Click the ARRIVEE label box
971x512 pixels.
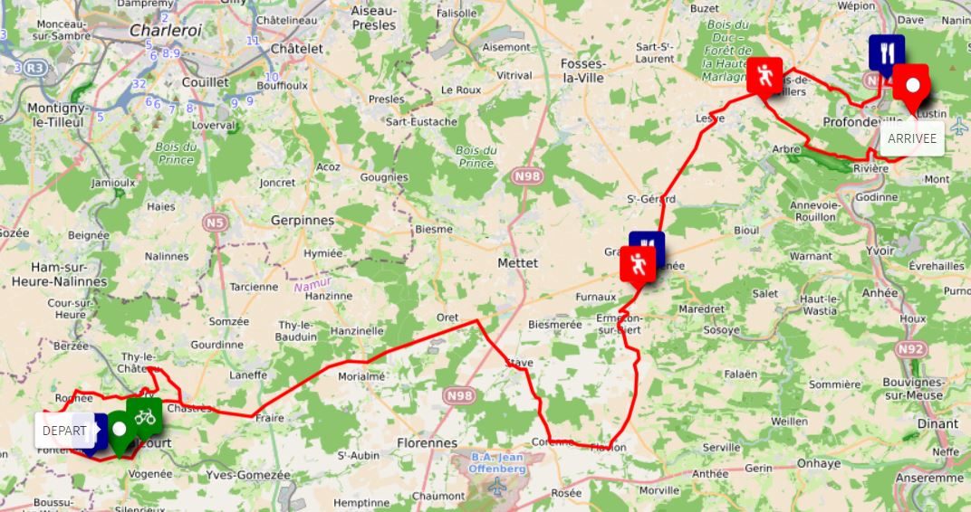[x=912, y=138]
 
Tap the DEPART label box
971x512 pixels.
[x=64, y=431]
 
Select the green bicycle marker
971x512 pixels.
[x=144, y=417]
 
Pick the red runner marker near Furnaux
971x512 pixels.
[x=638, y=265]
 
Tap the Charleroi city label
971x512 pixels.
[x=164, y=30]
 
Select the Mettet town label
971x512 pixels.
[x=518, y=263]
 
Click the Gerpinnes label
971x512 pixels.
[x=303, y=220]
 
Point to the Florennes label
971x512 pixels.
[x=427, y=443]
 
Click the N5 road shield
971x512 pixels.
[x=216, y=222]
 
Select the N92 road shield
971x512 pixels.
[x=912, y=348]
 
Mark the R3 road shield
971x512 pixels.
[x=35, y=68]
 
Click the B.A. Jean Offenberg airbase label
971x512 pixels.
[x=498, y=462]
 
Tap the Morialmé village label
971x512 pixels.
[x=361, y=376]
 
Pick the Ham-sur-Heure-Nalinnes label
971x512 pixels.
[x=56, y=274]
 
